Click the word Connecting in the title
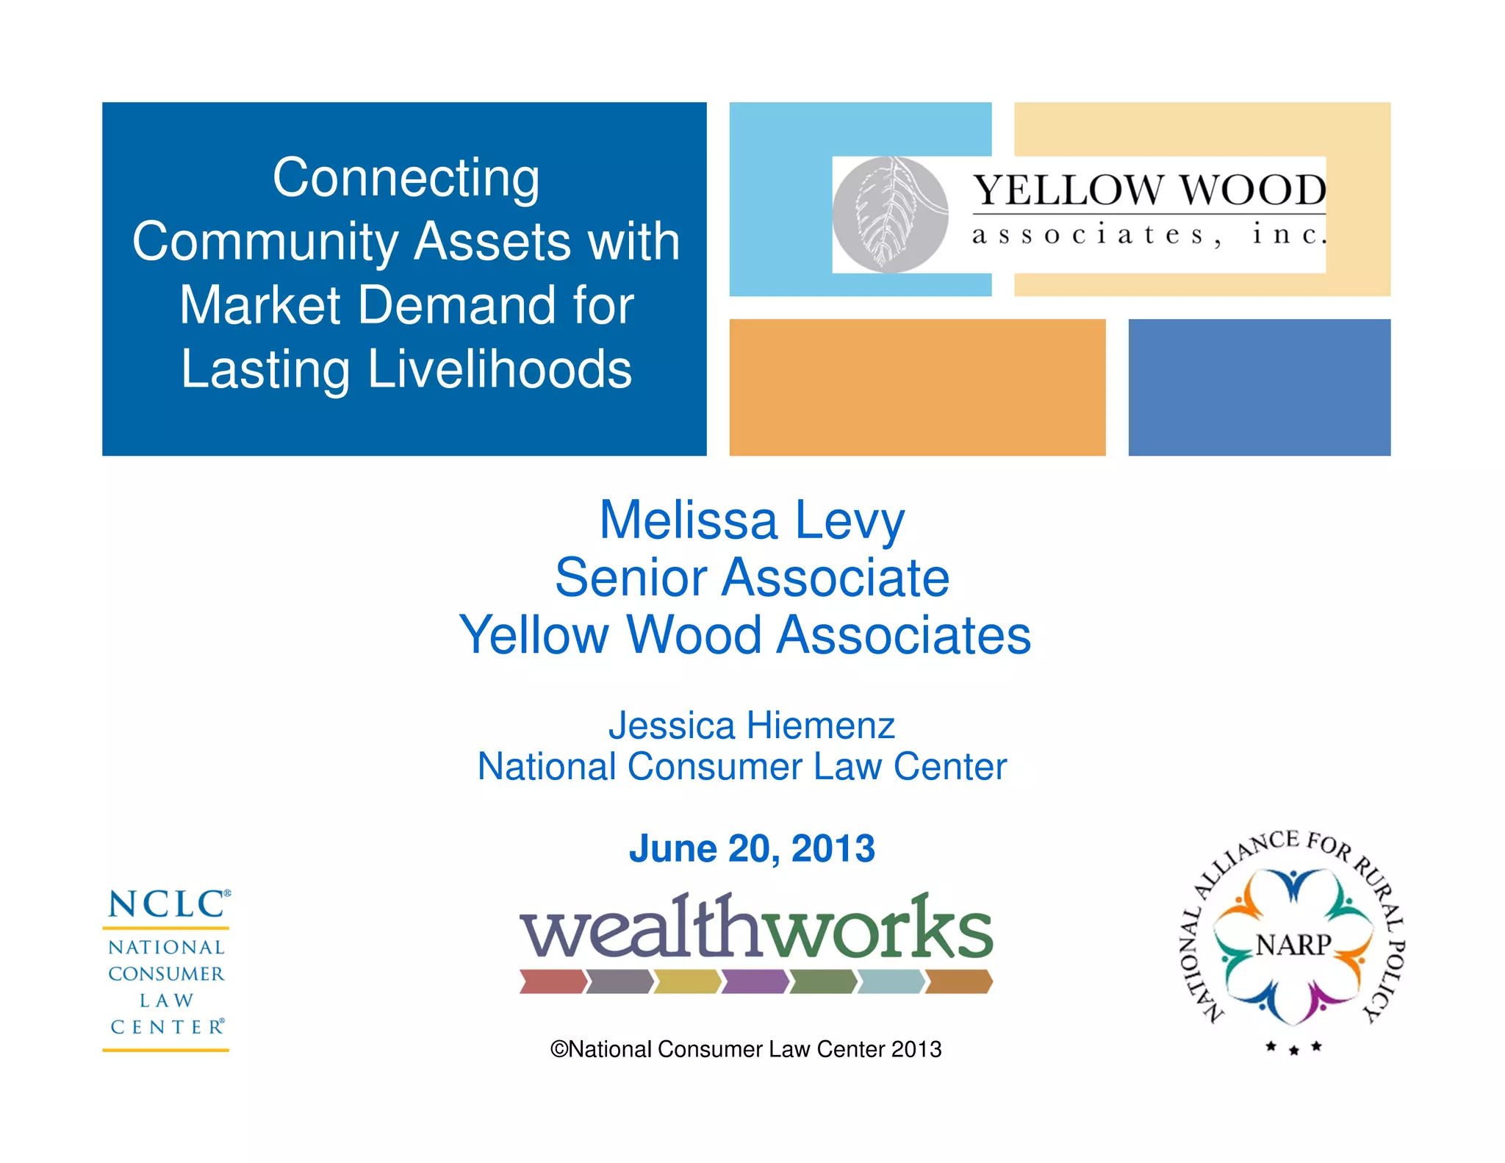406,178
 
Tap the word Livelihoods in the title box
499,369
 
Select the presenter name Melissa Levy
752,520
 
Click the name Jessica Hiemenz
751,726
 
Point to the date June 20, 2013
752,848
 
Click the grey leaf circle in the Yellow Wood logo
890,214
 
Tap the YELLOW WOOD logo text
1149,190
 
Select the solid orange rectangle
916,387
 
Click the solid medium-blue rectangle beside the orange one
1259,387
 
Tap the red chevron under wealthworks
553,981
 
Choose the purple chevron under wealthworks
755,981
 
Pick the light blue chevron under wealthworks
891,981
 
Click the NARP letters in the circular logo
1293,945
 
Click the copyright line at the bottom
745,1049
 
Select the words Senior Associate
752,578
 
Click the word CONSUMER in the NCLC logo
166,974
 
